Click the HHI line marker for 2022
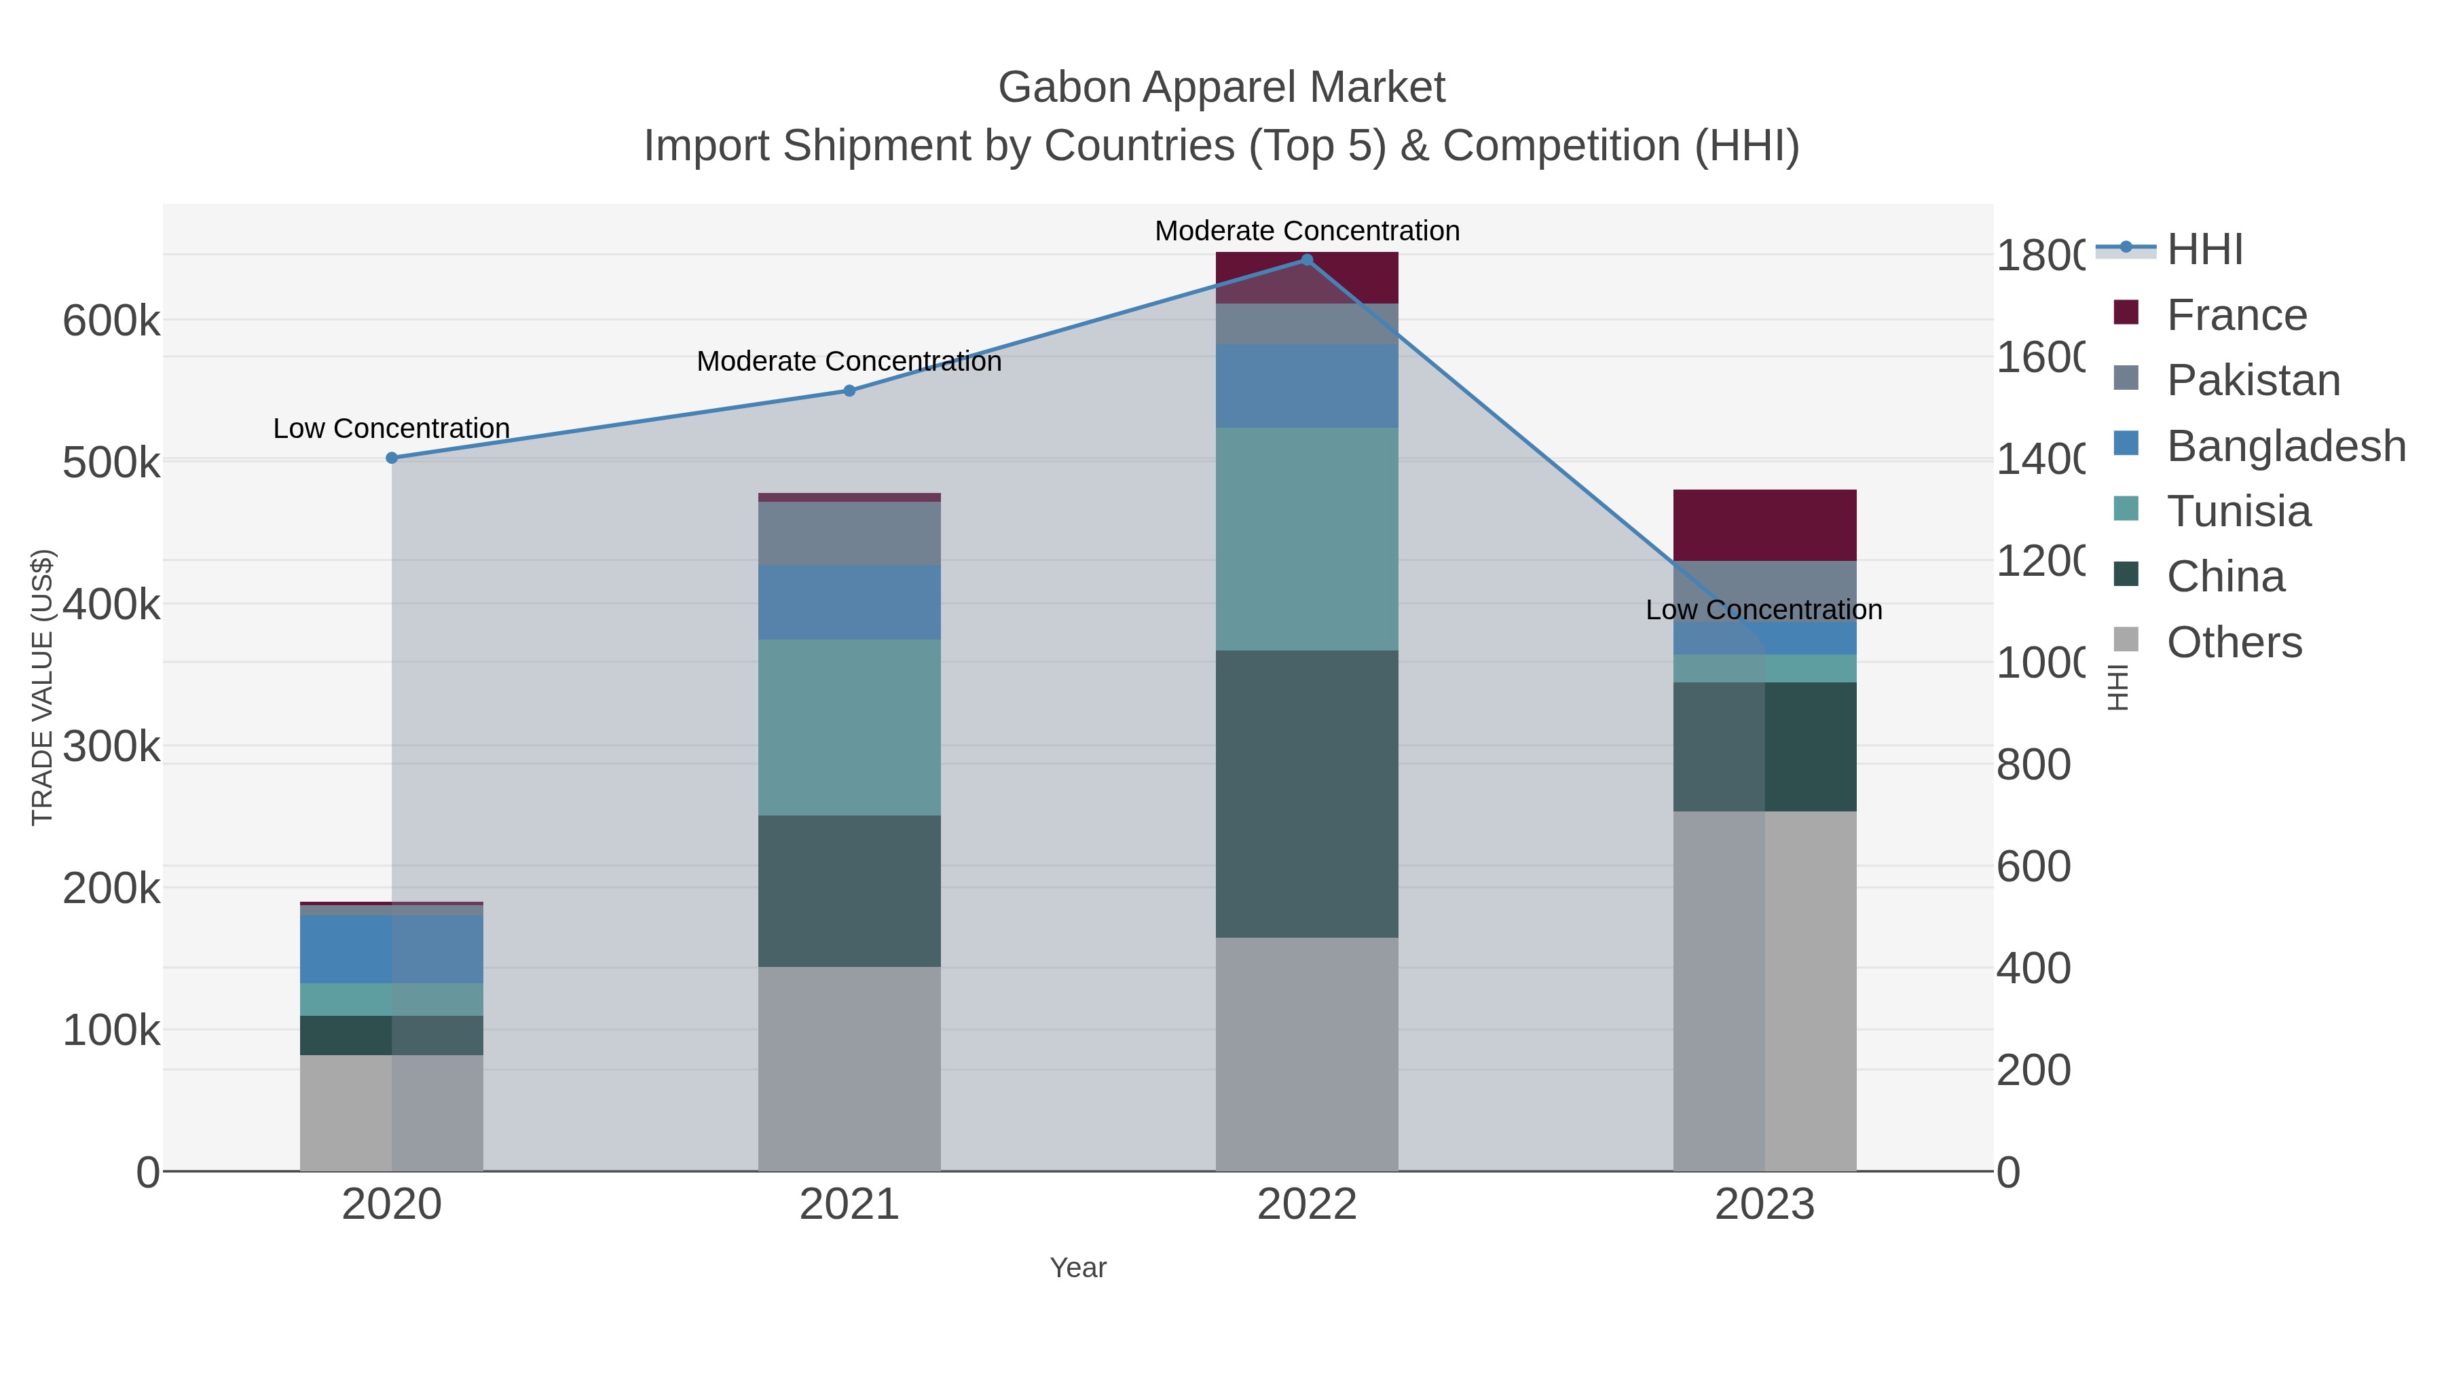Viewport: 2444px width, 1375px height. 1306,260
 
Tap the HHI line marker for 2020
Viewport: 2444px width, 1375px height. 392,458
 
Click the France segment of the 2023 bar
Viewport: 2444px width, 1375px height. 1764,525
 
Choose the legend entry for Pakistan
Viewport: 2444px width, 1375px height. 2253,380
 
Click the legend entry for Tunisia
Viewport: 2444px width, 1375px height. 2238,511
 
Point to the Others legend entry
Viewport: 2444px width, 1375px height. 2234,642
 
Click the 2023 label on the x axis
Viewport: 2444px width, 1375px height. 1764,1204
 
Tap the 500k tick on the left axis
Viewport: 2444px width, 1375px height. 111,463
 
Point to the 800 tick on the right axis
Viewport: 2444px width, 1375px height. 2033,764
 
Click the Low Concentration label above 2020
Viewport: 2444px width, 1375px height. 391,429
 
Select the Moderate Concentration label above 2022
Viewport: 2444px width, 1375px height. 1306,231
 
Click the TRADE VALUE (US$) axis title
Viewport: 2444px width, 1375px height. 43,687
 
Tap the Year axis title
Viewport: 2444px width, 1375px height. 1078,1267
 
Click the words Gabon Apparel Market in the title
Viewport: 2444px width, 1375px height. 1221,88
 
